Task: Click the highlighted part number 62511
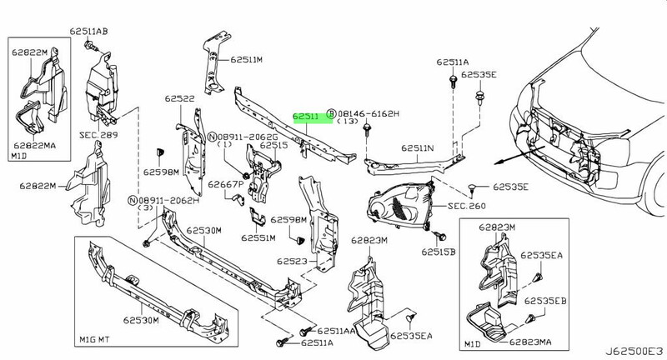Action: [305, 117]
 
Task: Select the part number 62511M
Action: [247, 60]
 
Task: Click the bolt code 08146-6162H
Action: [368, 112]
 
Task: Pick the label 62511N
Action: [419, 149]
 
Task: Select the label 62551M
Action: [258, 237]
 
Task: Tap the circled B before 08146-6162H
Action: [331, 112]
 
